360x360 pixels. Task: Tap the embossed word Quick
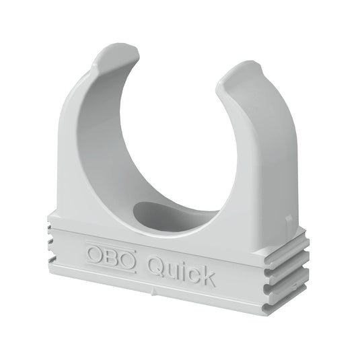[181, 270]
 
